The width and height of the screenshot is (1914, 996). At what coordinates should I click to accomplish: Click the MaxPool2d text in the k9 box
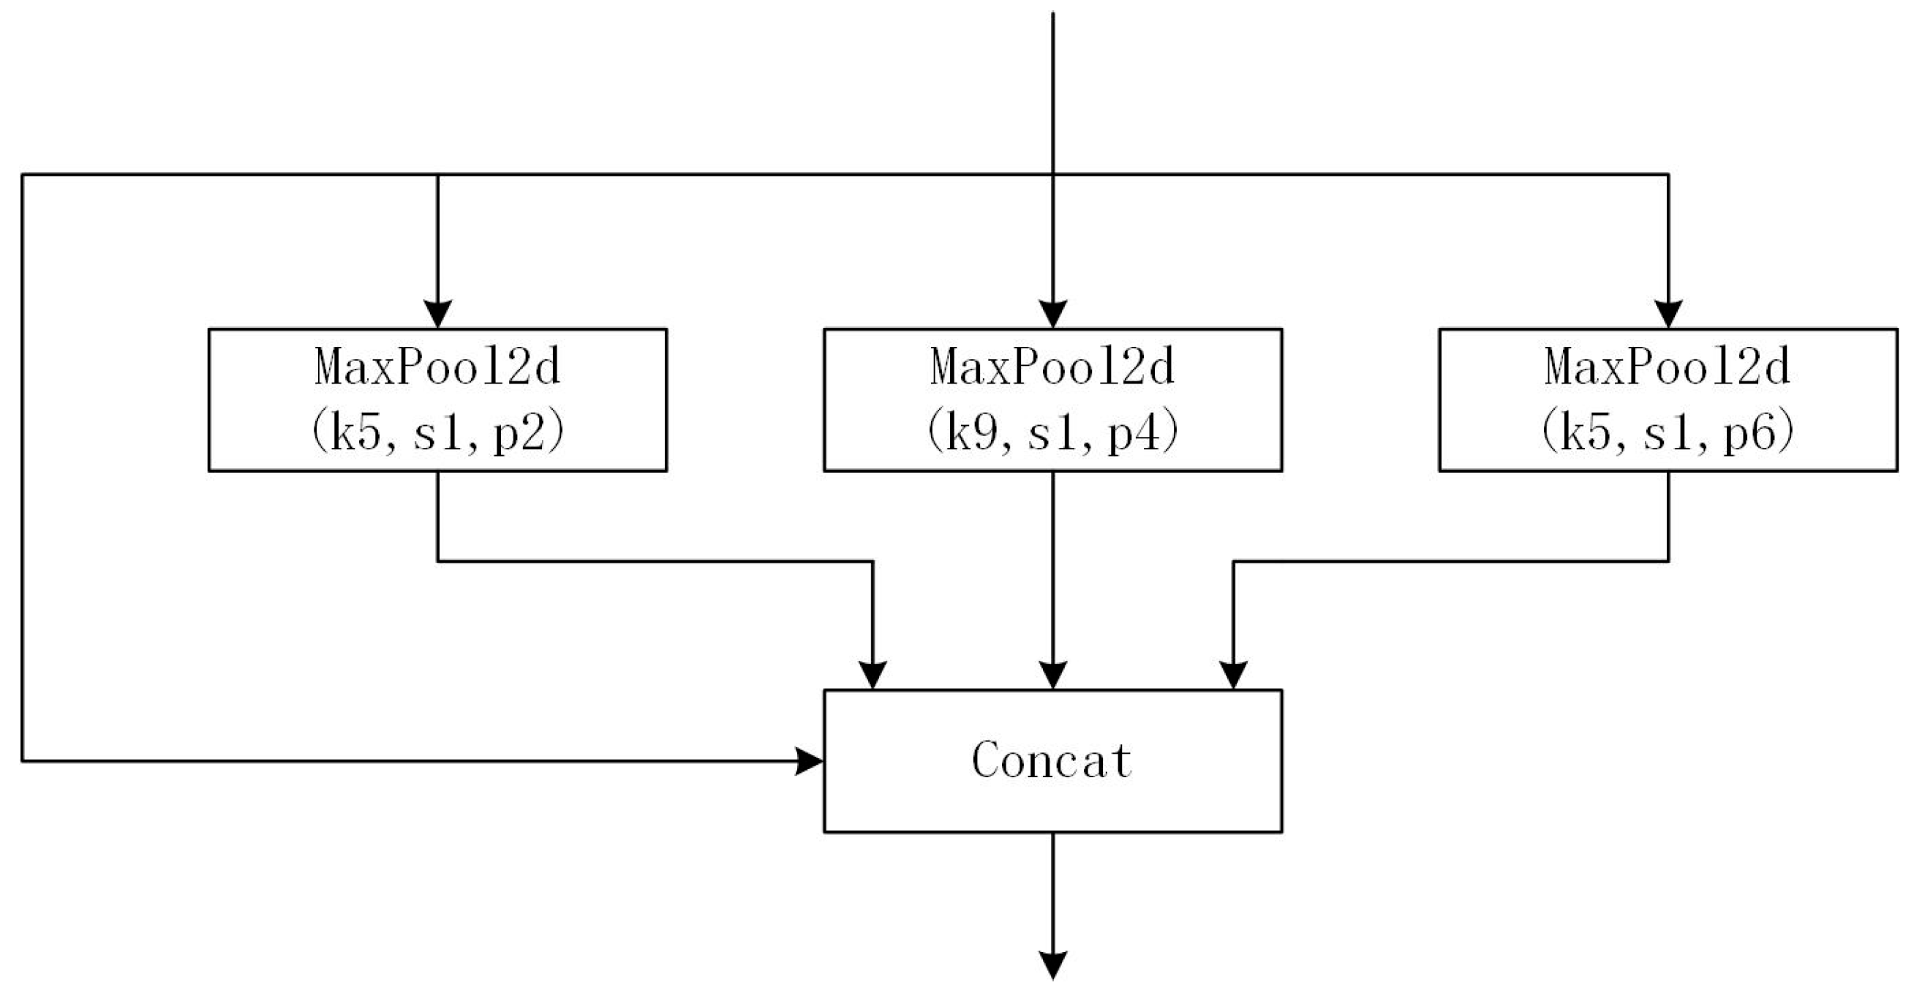pyautogui.click(x=1052, y=368)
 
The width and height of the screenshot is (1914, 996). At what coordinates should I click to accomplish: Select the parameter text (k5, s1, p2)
pyautogui.click(x=437, y=433)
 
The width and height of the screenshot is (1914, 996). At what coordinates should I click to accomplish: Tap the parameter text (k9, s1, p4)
pyautogui.click(x=1052, y=433)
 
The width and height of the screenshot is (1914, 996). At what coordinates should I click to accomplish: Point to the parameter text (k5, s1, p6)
pyautogui.click(x=1668, y=433)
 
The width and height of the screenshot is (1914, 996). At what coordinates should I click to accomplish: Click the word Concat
pyautogui.click(x=1052, y=760)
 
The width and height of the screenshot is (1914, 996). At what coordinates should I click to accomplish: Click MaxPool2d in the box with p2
pyautogui.click(x=437, y=368)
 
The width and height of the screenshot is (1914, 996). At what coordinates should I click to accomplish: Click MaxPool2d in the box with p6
pyautogui.click(x=1668, y=368)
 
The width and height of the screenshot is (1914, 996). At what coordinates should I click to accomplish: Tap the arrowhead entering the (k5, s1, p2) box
pyautogui.click(x=437, y=314)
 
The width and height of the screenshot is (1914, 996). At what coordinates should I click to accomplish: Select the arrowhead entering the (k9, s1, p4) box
pyautogui.click(x=1053, y=314)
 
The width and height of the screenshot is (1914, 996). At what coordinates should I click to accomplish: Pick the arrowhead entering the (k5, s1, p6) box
pyautogui.click(x=1668, y=314)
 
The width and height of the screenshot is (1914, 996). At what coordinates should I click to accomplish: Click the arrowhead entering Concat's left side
pyautogui.click(x=809, y=761)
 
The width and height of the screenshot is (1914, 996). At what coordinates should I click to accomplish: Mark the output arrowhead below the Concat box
pyautogui.click(x=1053, y=965)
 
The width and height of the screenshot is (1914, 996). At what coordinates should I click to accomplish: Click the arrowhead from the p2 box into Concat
pyautogui.click(x=873, y=675)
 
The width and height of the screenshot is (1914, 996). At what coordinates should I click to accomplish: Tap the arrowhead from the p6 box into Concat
pyautogui.click(x=1234, y=675)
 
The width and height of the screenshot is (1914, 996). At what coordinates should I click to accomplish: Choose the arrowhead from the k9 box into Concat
pyautogui.click(x=1053, y=675)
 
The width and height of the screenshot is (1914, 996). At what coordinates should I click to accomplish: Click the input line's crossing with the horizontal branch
pyautogui.click(x=1053, y=175)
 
